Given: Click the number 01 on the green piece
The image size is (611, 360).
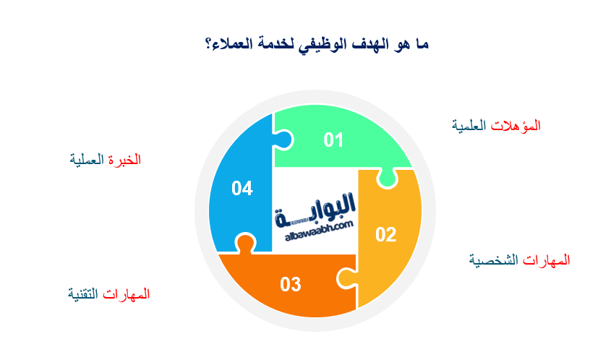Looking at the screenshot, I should tap(333, 140).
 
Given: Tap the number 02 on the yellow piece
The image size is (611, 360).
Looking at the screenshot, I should tap(385, 234).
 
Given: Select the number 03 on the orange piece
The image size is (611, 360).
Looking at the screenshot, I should tap(291, 284).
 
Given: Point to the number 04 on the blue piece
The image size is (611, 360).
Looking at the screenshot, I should tap(242, 189).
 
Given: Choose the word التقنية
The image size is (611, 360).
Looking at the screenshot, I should tap(85, 294).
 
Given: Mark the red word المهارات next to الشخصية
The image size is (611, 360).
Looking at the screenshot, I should tap(546, 260).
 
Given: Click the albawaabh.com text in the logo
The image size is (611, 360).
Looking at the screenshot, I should tap(314, 226).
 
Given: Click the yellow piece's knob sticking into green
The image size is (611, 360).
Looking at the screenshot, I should tap(387, 178).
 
